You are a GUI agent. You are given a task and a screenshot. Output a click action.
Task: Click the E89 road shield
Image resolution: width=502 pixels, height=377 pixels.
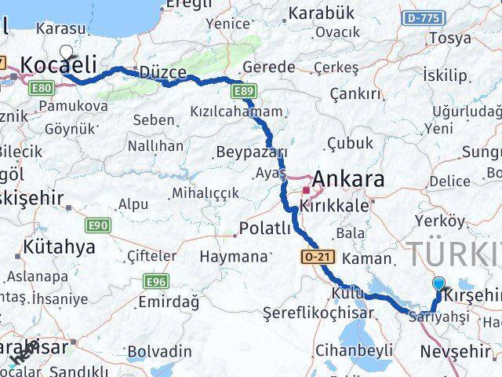click(243, 93)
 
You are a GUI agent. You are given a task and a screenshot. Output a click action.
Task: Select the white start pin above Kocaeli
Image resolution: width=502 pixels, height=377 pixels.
click(66, 53)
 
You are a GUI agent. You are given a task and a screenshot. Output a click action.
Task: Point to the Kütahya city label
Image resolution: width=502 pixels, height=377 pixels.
click(59, 247)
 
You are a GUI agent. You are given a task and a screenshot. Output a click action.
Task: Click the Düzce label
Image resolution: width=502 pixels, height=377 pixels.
click(162, 72)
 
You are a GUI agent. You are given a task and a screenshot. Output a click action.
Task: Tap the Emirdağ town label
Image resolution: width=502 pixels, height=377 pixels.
click(169, 302)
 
